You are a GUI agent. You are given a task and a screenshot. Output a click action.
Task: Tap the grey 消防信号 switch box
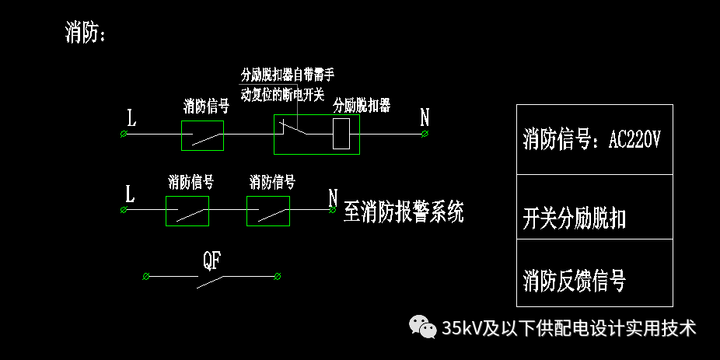click(x=202, y=135)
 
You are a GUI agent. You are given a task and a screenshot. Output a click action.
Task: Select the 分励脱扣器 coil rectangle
click(x=341, y=135)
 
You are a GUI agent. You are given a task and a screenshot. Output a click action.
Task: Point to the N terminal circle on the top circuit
click(x=425, y=135)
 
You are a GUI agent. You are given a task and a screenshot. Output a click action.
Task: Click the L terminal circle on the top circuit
click(x=124, y=135)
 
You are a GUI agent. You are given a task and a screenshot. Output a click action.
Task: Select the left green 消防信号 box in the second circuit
click(x=187, y=211)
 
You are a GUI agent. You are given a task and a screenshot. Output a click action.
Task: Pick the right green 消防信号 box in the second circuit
click(x=268, y=211)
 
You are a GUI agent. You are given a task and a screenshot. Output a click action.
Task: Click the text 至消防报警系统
click(x=403, y=211)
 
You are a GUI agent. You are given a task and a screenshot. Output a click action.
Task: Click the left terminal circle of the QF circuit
click(x=146, y=276)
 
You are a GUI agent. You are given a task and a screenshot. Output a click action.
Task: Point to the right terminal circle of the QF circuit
click(x=278, y=276)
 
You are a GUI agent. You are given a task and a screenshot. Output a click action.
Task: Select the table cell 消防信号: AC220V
click(x=594, y=139)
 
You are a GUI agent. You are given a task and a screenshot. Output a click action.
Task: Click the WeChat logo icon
click(x=423, y=327)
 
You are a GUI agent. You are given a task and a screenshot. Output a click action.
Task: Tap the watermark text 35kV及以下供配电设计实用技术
click(x=568, y=328)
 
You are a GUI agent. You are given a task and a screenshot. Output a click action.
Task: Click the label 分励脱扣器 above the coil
click(x=362, y=105)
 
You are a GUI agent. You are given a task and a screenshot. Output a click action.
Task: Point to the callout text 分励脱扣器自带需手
click(x=287, y=75)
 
